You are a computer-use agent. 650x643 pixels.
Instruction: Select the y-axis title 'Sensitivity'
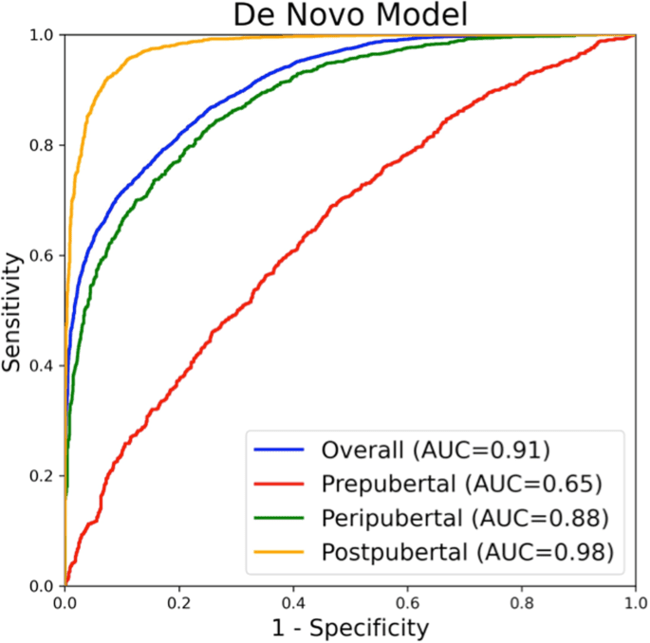12,310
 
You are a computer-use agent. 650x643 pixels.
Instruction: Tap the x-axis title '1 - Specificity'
349,627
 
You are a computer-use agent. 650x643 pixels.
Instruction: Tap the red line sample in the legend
278,484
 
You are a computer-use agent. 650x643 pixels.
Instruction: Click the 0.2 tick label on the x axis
178,601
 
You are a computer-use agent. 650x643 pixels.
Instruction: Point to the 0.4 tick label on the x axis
293,601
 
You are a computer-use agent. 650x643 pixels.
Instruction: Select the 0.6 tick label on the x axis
407,601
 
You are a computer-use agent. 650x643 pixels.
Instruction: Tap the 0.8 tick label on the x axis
521,601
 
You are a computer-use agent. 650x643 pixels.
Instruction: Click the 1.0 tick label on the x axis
634,601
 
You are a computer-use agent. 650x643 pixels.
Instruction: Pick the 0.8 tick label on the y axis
42,145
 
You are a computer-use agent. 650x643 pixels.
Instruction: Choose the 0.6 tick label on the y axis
42,255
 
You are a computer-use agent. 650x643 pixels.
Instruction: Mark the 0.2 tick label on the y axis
42,475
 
